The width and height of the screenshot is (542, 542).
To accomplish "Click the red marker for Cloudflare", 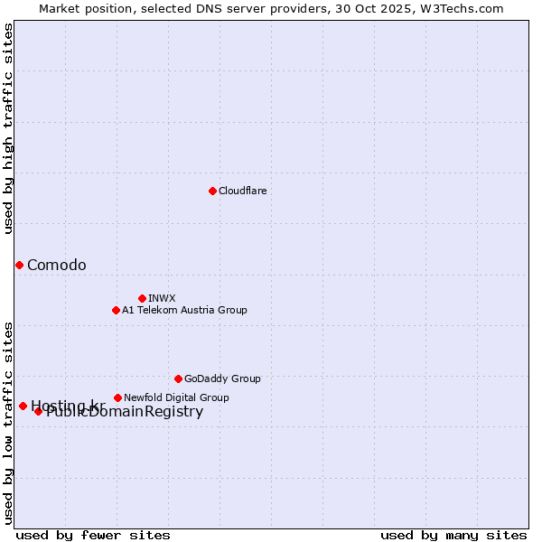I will pyautogui.click(x=212, y=191).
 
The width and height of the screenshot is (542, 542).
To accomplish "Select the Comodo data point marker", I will pyautogui.click(x=19, y=265).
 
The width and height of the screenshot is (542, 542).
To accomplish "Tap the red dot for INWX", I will pyautogui.click(x=142, y=298).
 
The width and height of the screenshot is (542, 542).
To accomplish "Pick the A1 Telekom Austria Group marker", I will pyautogui.click(x=116, y=310).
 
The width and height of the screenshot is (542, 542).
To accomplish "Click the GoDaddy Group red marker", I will pyautogui.click(x=178, y=378).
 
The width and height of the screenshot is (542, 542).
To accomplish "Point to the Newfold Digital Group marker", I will pyautogui.click(x=117, y=397).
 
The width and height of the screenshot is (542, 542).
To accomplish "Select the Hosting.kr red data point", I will pyautogui.click(x=23, y=406).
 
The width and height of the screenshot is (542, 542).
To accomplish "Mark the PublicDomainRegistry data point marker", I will pyautogui.click(x=38, y=411).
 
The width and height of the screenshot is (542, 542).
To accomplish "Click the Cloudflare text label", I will pyautogui.click(x=242, y=191).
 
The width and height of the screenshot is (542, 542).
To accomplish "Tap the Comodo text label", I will pyautogui.click(x=57, y=265).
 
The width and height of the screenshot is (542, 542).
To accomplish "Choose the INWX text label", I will pyautogui.click(x=162, y=298).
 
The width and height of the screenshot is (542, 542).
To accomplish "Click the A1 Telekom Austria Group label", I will pyautogui.click(x=184, y=310).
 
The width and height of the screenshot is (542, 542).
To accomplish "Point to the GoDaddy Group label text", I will pyautogui.click(x=222, y=378).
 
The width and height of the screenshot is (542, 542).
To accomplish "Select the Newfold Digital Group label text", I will pyautogui.click(x=176, y=397).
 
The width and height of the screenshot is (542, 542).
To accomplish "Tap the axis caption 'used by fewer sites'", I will pyautogui.click(x=93, y=535).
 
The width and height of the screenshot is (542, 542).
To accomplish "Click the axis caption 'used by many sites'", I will pyautogui.click(x=453, y=535).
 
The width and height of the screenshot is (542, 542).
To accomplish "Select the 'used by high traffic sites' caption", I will pyautogui.click(x=8, y=128).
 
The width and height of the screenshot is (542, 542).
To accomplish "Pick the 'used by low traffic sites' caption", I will pyautogui.click(x=8, y=422).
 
